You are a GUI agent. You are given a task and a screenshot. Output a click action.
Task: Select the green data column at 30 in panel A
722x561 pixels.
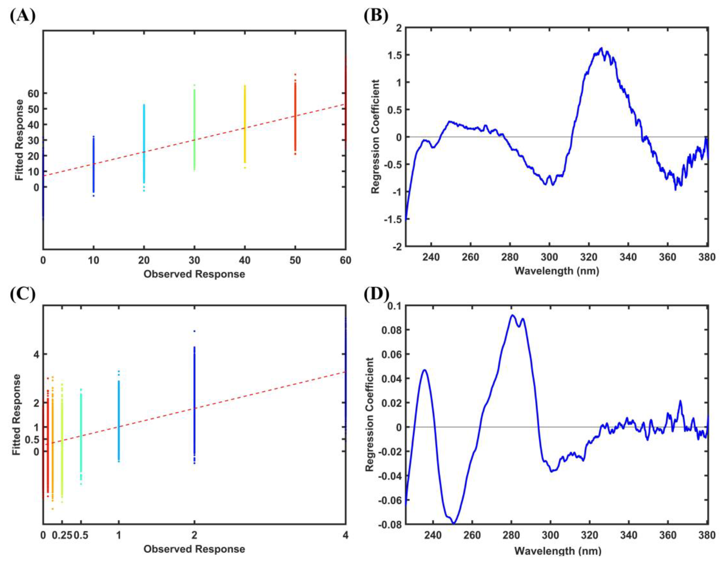(194, 129)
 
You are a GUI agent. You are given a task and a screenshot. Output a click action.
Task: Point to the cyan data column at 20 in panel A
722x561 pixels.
(144, 144)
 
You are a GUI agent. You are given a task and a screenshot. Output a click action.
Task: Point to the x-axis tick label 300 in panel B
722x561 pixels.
(549, 257)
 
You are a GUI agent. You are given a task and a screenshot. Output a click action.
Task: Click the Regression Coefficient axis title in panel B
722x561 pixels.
(375, 137)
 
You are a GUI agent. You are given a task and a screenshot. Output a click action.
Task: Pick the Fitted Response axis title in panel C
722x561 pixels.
(17, 414)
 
